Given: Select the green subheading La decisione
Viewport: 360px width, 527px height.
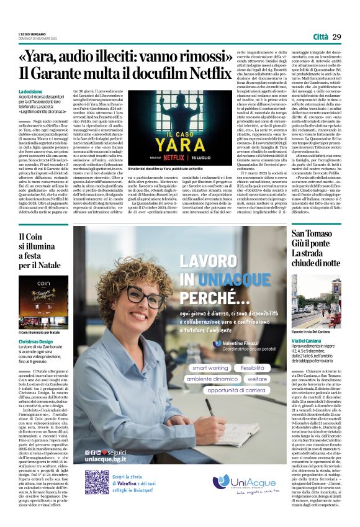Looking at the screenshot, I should pyautogui.click(x=32, y=91).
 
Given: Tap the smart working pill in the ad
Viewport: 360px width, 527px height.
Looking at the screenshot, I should pyautogui.click(x=210, y=368).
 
